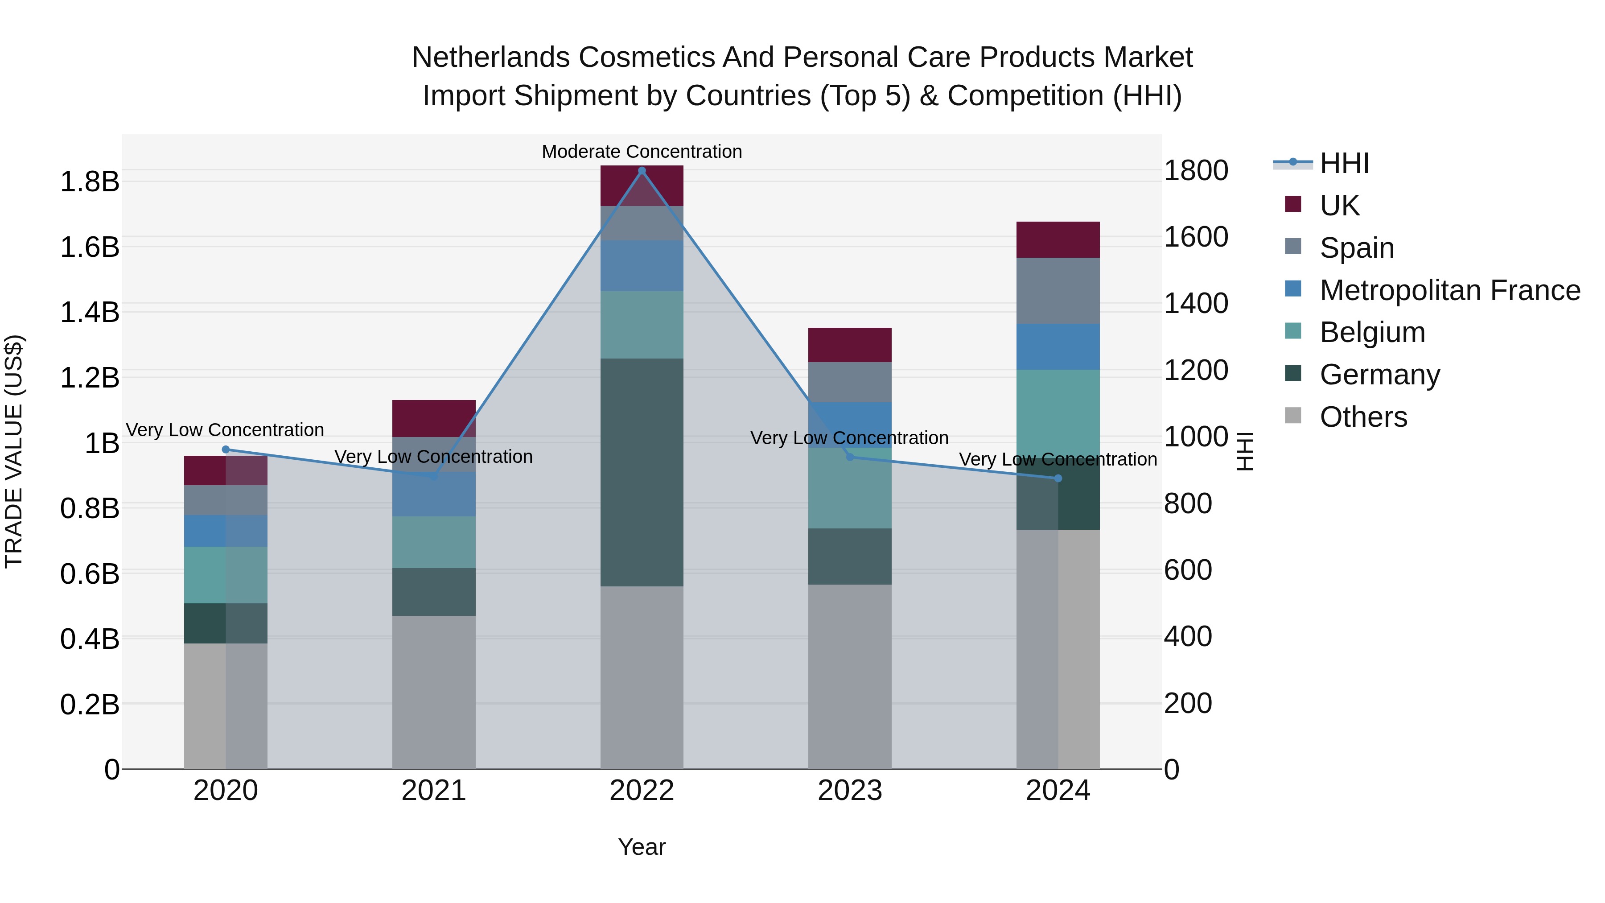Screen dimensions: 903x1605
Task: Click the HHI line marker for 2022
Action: click(x=642, y=171)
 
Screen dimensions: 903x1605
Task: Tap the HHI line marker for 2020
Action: click(x=226, y=449)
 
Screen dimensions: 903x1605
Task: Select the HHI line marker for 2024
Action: click(x=1058, y=478)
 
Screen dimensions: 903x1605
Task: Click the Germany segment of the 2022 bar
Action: click(x=642, y=472)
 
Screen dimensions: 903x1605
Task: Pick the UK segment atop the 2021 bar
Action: click(x=434, y=418)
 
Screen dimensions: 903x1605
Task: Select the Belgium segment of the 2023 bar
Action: click(x=850, y=488)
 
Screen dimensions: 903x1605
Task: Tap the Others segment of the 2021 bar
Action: click(x=434, y=692)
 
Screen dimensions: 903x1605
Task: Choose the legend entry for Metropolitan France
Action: click(x=1449, y=290)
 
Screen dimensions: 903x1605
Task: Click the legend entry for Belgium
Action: click(x=1372, y=332)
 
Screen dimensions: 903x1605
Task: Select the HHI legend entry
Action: click(x=1344, y=163)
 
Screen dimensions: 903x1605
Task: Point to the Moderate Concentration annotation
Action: click(x=642, y=152)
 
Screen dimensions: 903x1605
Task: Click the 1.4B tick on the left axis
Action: click(x=89, y=312)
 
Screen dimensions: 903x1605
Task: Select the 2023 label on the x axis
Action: click(x=850, y=791)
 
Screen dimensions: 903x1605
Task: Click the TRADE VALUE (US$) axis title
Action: click(x=14, y=451)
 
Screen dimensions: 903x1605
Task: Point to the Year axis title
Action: click(x=642, y=847)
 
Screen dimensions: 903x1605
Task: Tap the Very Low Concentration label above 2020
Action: click(x=225, y=430)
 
